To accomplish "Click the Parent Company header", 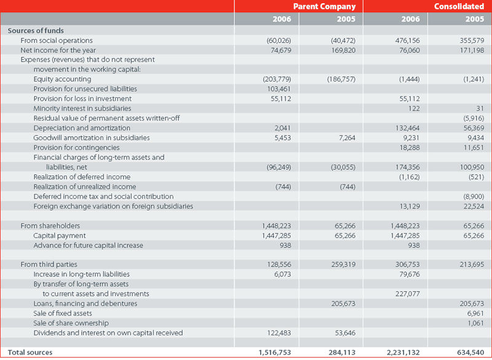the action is (x=325, y=6).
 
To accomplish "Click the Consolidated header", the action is (x=459, y=6).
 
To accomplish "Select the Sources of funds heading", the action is (x=36, y=31).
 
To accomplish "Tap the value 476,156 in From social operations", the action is (x=408, y=41).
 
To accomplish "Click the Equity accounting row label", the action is (x=63, y=79).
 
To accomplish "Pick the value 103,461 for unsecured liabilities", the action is (x=279, y=89).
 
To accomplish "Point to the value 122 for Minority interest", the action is (x=414, y=108).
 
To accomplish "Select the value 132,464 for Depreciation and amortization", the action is (x=408, y=128).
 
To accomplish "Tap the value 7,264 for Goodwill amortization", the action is (x=347, y=138).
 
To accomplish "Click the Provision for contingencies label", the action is (x=76, y=148).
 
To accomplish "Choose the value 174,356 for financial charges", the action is (x=408, y=167).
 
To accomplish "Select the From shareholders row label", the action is (x=50, y=226).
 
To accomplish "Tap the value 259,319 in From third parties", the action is (x=344, y=265).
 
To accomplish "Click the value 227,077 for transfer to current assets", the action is (x=408, y=294).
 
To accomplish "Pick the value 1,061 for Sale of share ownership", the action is (x=476, y=323).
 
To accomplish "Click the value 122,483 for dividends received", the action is (x=279, y=333).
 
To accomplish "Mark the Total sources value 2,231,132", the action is (x=404, y=353).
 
